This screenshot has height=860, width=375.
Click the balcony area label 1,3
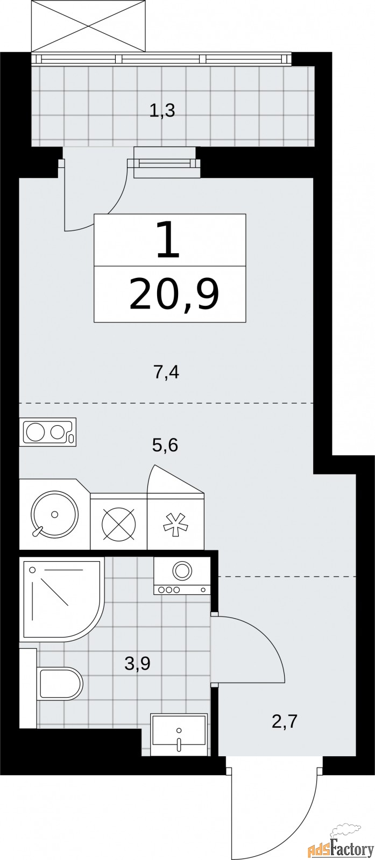click(x=161, y=111)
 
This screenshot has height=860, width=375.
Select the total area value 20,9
click(x=173, y=294)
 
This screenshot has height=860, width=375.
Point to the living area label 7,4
click(x=166, y=371)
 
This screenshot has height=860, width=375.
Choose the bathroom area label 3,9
click(x=137, y=664)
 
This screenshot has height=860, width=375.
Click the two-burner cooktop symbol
click(x=47, y=432)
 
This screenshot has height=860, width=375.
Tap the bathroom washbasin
click(x=179, y=734)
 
